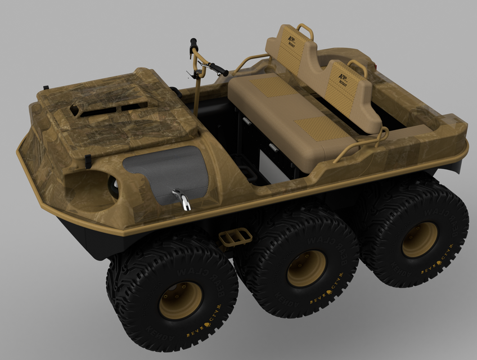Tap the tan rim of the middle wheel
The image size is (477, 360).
coord(306,268)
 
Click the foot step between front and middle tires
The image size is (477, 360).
coord(235,236)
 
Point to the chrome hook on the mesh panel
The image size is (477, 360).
coord(181,199)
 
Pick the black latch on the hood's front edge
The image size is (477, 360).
coord(88,161)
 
